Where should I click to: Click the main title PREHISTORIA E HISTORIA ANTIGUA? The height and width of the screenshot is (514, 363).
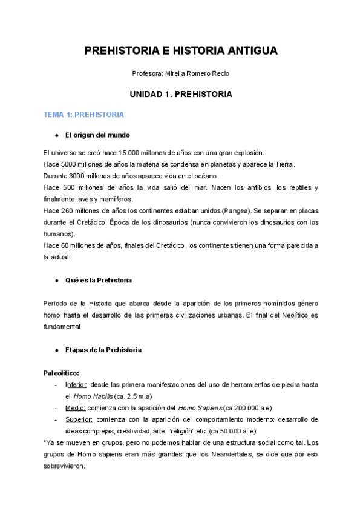[181, 51]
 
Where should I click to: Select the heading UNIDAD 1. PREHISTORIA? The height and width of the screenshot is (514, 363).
[181, 95]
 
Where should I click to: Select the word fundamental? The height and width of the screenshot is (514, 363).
[62, 327]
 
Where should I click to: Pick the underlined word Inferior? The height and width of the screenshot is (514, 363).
[76, 385]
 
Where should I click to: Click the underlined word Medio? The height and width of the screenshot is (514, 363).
[75, 408]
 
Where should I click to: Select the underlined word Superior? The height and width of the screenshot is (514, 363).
[79, 419]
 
